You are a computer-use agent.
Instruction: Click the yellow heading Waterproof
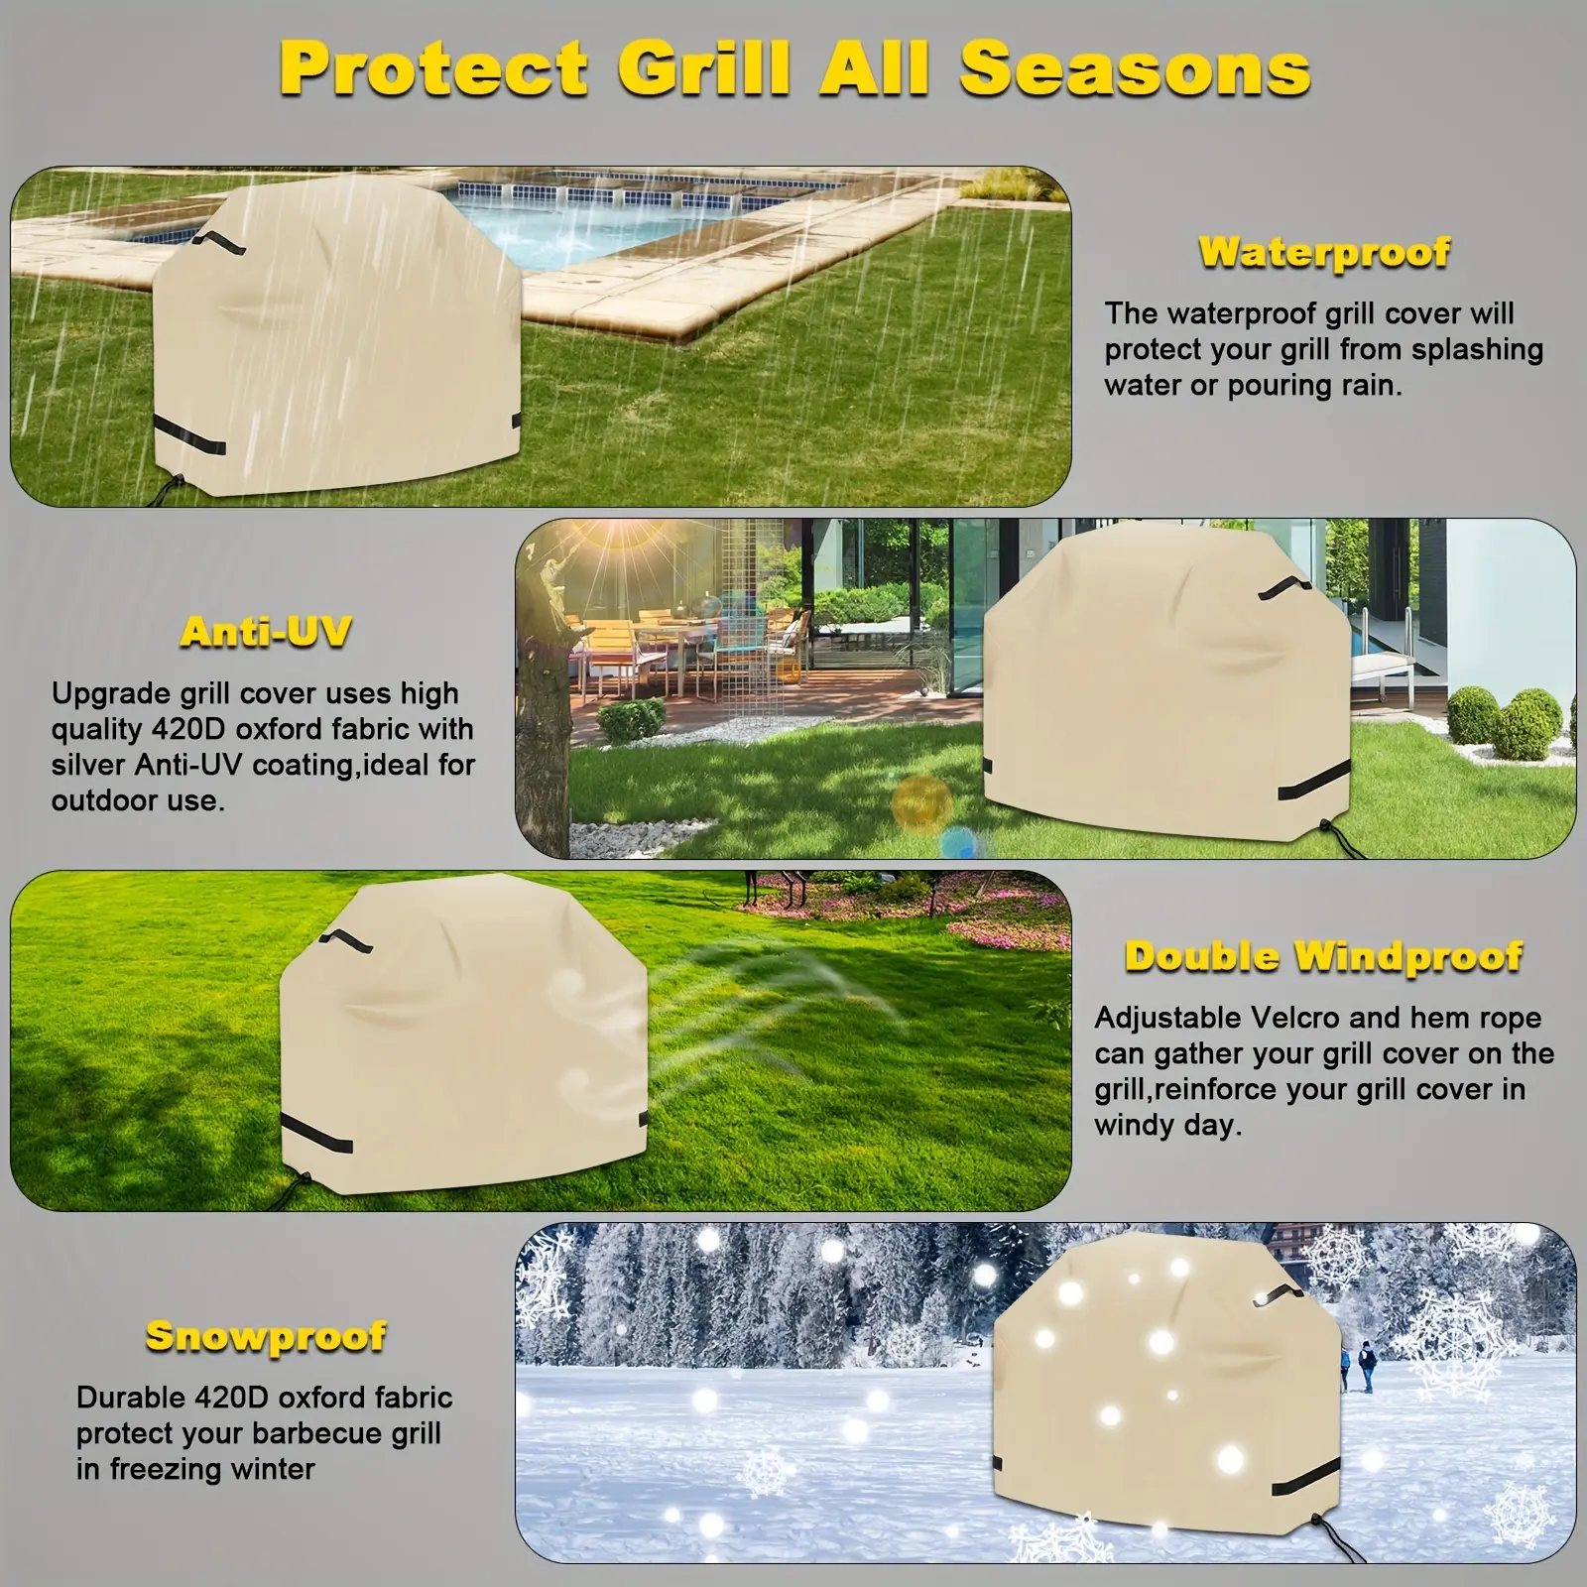click(1324, 253)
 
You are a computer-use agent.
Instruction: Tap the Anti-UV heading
click(266, 632)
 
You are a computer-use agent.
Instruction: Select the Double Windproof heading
click(1323, 956)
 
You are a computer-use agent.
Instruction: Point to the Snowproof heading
click(266, 1337)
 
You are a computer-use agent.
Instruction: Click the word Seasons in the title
click(1135, 69)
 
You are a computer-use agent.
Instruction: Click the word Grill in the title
click(705, 69)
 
